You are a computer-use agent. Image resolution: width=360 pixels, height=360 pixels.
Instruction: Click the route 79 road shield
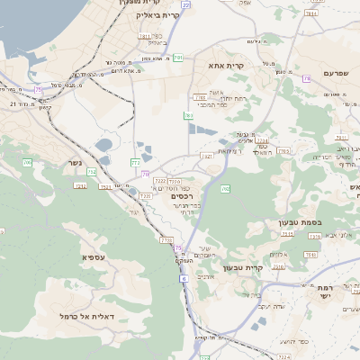coord(307,79)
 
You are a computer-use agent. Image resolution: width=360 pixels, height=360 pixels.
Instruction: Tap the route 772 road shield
coord(136,163)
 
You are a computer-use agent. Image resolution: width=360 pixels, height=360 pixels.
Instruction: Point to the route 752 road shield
coord(79,185)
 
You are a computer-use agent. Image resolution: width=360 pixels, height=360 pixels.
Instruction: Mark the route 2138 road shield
coord(166,239)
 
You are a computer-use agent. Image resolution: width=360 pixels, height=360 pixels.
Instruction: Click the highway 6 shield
coord(183,280)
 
